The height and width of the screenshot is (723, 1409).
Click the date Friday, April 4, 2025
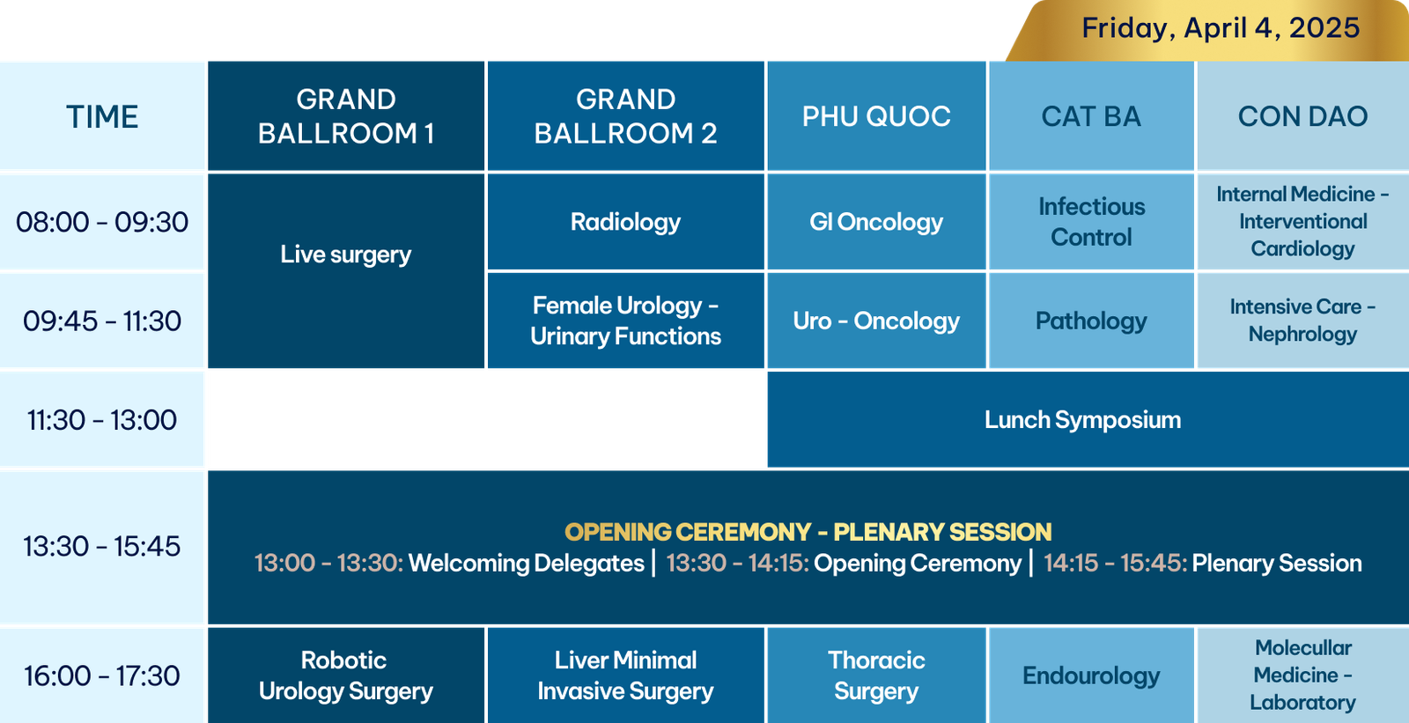click(x=1221, y=28)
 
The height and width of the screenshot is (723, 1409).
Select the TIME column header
click(x=102, y=117)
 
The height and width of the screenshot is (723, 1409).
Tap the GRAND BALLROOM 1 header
click(x=346, y=116)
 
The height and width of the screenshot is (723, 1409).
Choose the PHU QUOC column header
click(x=876, y=116)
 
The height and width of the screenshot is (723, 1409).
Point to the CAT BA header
click(x=1091, y=116)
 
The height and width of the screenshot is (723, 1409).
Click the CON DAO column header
click(x=1302, y=116)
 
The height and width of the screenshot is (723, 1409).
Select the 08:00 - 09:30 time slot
click(x=102, y=222)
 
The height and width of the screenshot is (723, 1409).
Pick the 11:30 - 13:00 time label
click(x=102, y=420)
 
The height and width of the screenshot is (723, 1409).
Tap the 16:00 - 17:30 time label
click(x=102, y=675)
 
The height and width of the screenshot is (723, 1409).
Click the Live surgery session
click(x=346, y=255)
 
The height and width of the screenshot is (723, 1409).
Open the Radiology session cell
click(x=625, y=222)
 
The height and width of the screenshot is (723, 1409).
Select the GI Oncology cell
click(x=876, y=222)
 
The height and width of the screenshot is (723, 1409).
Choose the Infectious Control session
click(x=1091, y=222)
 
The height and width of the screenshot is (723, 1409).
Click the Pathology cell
click(x=1091, y=321)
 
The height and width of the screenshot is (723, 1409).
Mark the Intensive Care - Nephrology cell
click(x=1302, y=321)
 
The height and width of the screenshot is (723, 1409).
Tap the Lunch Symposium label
click(x=1082, y=420)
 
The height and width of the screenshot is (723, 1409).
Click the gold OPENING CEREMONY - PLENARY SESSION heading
click(x=808, y=532)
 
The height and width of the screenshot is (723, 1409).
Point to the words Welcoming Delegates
click(x=527, y=564)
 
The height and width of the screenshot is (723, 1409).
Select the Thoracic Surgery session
click(x=876, y=675)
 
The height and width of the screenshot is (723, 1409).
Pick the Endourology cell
click(x=1091, y=675)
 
